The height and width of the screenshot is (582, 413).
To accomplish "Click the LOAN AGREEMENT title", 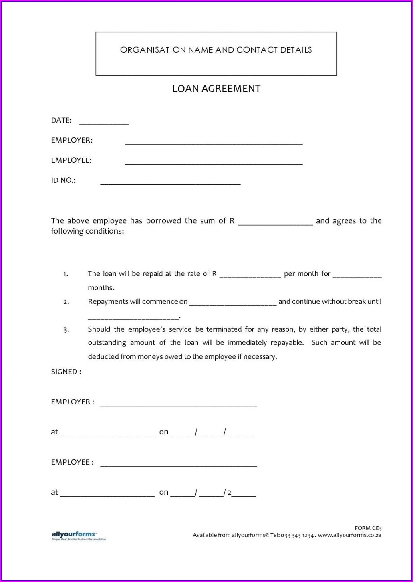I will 216,89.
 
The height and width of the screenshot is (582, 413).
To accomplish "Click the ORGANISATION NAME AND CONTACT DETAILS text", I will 216,50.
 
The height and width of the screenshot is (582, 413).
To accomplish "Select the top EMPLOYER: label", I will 72,140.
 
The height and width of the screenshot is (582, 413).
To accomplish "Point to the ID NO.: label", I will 63,180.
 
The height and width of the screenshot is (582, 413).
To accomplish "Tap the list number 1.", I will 66,274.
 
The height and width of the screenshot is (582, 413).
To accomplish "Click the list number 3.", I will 66,330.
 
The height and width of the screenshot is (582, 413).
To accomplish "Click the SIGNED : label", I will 66,372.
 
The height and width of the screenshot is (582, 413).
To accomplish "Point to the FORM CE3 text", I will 368,528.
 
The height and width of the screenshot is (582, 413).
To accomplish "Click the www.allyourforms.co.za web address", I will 349,535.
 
